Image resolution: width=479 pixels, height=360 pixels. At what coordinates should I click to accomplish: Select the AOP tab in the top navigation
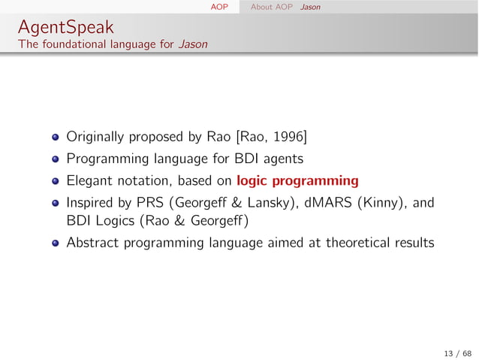click(219, 7)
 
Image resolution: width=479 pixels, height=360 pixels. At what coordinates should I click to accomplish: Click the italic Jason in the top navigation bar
click(309, 7)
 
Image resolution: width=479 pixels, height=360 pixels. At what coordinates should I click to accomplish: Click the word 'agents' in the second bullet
click(285, 159)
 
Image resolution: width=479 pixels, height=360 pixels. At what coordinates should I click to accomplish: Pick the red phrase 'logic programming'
click(297, 180)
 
